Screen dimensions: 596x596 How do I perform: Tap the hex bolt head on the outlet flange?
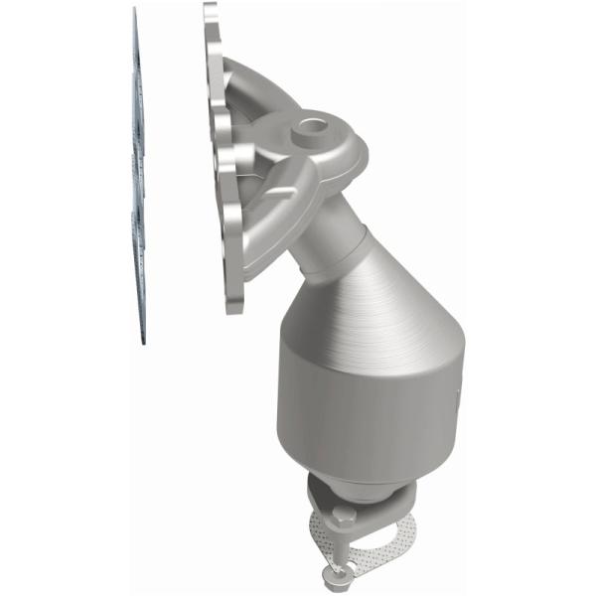(x=343, y=517)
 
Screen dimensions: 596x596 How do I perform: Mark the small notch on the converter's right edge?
(x=459, y=401)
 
